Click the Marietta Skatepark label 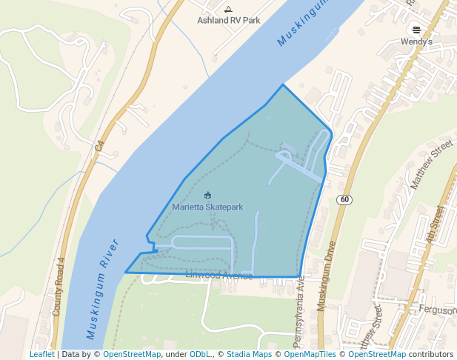pos(207,207)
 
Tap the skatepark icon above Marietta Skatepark pos(207,196)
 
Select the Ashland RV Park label pos(227,21)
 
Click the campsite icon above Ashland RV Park pos(227,10)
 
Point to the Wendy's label pos(416,42)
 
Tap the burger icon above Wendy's pos(416,30)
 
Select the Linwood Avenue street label pos(219,276)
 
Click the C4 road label pos(99,147)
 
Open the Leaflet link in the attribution pos(41,355)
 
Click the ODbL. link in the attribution pos(200,355)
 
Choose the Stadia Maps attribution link pos(249,355)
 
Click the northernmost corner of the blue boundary pos(282,85)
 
